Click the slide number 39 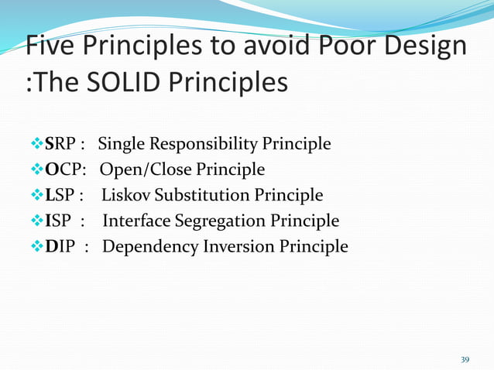click(465, 359)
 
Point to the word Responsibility click(201, 144)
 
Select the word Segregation click(217, 221)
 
